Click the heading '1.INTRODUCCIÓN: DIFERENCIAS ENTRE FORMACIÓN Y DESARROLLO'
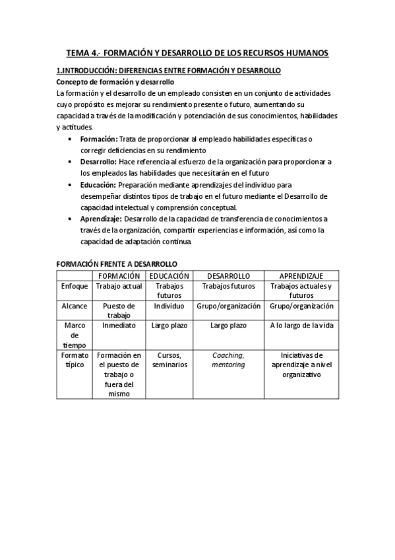(x=169, y=70)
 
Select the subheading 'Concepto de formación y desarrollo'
(x=115, y=82)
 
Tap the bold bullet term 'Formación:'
(x=99, y=139)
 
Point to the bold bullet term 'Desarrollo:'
(x=99, y=162)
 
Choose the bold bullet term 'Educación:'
(x=98, y=185)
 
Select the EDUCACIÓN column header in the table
(x=169, y=275)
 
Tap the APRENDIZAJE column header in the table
(x=301, y=275)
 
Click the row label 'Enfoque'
(x=75, y=287)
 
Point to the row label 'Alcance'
(x=75, y=306)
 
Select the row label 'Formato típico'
(x=75, y=361)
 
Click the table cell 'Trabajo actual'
(x=119, y=287)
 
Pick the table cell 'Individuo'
(x=169, y=306)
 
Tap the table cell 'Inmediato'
(x=119, y=326)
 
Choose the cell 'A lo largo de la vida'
(x=301, y=326)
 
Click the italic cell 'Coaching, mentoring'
(x=228, y=360)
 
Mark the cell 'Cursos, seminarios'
(x=169, y=360)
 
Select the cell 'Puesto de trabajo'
(x=119, y=311)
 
